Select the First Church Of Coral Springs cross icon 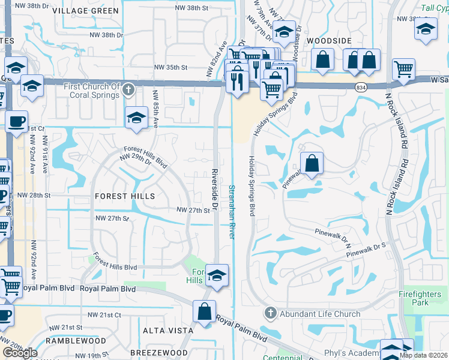[x=127, y=91]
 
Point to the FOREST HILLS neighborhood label [x=124, y=196]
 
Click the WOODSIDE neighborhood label [x=328, y=40]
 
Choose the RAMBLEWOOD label [x=78, y=341]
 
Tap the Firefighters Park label [x=423, y=298]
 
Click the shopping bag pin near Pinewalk [x=312, y=163]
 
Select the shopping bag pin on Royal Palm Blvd [x=204, y=311]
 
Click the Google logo [x=20, y=353]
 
